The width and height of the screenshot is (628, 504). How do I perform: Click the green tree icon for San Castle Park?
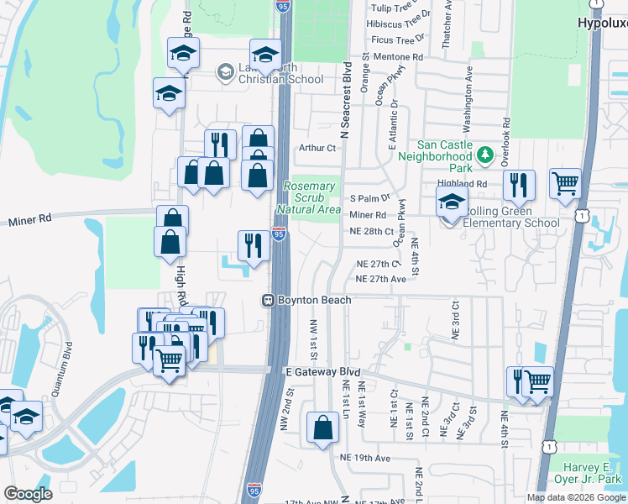[484, 155]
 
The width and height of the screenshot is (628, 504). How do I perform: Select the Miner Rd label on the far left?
[30, 218]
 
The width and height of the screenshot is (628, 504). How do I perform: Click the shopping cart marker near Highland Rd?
[565, 181]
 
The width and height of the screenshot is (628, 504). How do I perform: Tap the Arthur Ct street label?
[317, 149]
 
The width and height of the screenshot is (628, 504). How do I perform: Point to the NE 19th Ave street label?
[365, 458]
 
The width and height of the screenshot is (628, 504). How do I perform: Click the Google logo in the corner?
[28, 494]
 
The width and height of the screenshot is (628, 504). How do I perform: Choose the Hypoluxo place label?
[602, 24]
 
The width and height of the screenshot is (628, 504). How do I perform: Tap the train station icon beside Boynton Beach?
[268, 299]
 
